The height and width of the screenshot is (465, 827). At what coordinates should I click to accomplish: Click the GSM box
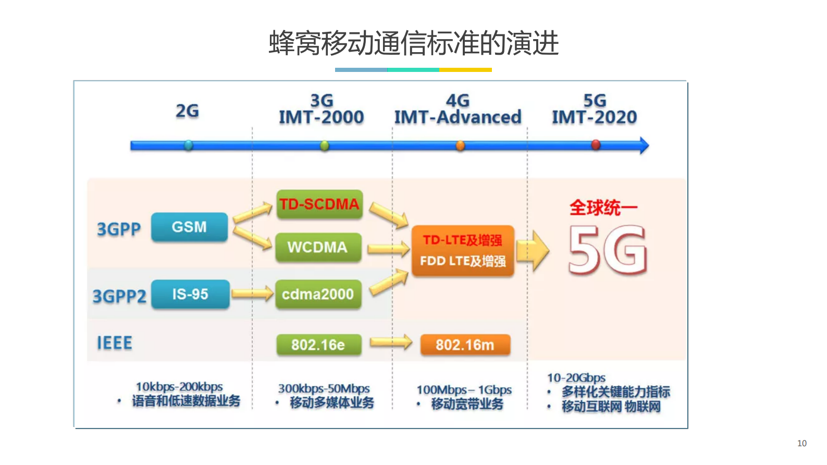click(x=189, y=227)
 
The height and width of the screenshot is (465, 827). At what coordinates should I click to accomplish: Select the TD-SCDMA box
click(x=319, y=204)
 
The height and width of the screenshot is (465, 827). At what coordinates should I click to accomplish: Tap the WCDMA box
click(x=317, y=247)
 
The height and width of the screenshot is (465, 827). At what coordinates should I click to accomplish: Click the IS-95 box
click(x=190, y=295)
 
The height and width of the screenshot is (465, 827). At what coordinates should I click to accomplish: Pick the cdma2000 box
click(x=318, y=295)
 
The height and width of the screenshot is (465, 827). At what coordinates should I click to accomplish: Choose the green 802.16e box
click(x=318, y=345)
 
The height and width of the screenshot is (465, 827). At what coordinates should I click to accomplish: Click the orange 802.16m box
click(x=465, y=345)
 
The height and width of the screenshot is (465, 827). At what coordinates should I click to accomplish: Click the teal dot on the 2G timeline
click(x=189, y=145)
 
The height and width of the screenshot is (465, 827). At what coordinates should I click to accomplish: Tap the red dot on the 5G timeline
click(x=596, y=145)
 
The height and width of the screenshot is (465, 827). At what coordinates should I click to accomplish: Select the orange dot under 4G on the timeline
click(x=460, y=145)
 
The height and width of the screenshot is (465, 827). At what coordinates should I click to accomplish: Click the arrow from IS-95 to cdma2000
click(x=252, y=294)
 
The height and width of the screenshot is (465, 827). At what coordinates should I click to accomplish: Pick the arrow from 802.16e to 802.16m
click(x=391, y=342)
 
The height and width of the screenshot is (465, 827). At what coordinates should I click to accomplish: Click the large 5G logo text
click(x=608, y=251)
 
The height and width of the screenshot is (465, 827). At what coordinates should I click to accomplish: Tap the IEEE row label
click(x=115, y=343)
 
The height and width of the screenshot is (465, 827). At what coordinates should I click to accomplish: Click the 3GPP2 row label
click(x=119, y=296)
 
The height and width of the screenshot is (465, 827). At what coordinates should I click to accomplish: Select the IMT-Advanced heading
click(x=458, y=117)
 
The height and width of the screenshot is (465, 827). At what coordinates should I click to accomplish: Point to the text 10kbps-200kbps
click(x=179, y=387)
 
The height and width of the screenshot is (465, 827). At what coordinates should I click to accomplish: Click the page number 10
click(x=801, y=443)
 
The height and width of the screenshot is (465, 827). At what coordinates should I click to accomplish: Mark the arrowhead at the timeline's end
click(x=644, y=145)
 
